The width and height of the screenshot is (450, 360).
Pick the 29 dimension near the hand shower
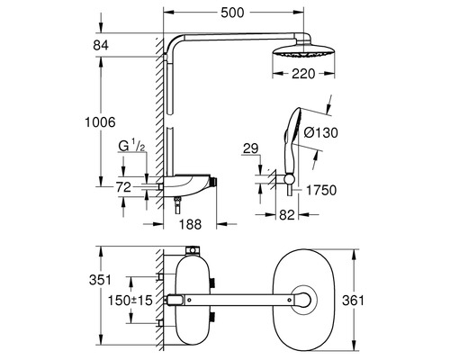(x=251, y=149)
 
